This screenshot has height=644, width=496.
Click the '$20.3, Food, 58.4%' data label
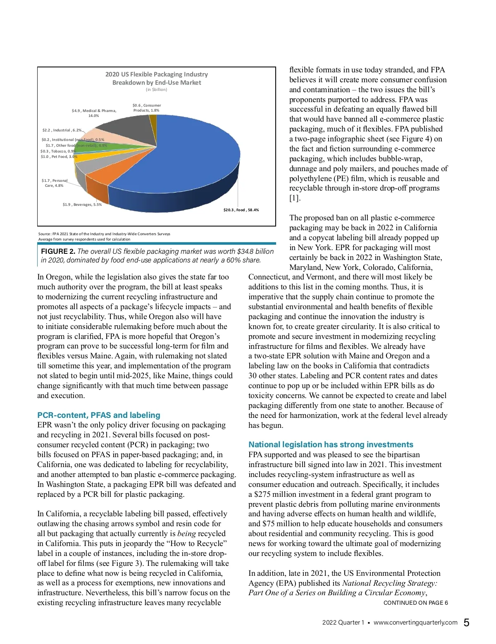[241, 210]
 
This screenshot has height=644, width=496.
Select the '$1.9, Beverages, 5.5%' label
[82, 205]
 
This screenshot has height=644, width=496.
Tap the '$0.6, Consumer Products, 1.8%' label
[146, 108]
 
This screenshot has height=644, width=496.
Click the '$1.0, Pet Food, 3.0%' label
[59, 157]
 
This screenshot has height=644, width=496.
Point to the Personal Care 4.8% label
[54, 183]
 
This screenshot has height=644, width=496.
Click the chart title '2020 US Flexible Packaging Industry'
[157, 74]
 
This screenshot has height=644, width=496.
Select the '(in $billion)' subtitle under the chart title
[157, 90]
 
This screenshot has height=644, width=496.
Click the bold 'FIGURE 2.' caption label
[58, 251]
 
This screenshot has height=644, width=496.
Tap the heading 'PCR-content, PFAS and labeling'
[99, 415]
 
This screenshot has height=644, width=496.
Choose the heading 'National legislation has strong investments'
[331, 444]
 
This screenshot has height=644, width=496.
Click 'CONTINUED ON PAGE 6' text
[415, 603]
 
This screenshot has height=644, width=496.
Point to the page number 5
[466, 623]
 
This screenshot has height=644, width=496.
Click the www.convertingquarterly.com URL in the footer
[415, 623]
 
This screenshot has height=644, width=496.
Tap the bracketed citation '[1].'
[295, 198]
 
